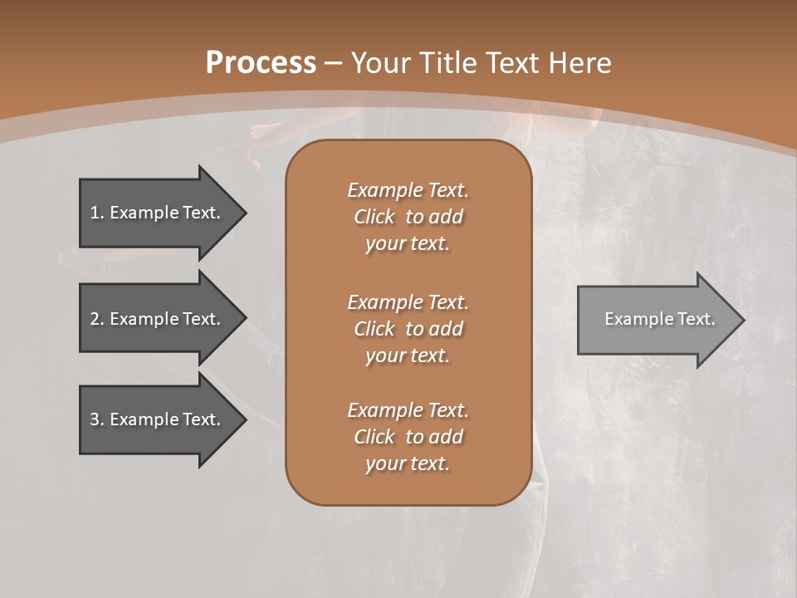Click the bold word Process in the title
click(x=261, y=62)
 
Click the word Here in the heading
click(x=581, y=62)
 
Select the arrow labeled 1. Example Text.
click(x=158, y=213)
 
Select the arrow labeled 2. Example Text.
click(x=158, y=319)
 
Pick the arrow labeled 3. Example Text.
click(x=158, y=419)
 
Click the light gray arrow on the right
click(x=656, y=319)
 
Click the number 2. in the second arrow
click(x=96, y=319)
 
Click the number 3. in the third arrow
click(x=96, y=419)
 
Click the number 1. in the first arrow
click(x=96, y=213)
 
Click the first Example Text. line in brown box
click(x=408, y=190)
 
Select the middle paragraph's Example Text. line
click(x=408, y=301)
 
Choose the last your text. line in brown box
click(x=408, y=464)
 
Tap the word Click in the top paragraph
click(x=374, y=217)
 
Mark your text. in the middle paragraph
click(x=408, y=355)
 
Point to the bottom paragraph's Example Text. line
click(x=408, y=410)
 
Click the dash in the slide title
click(x=333, y=62)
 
